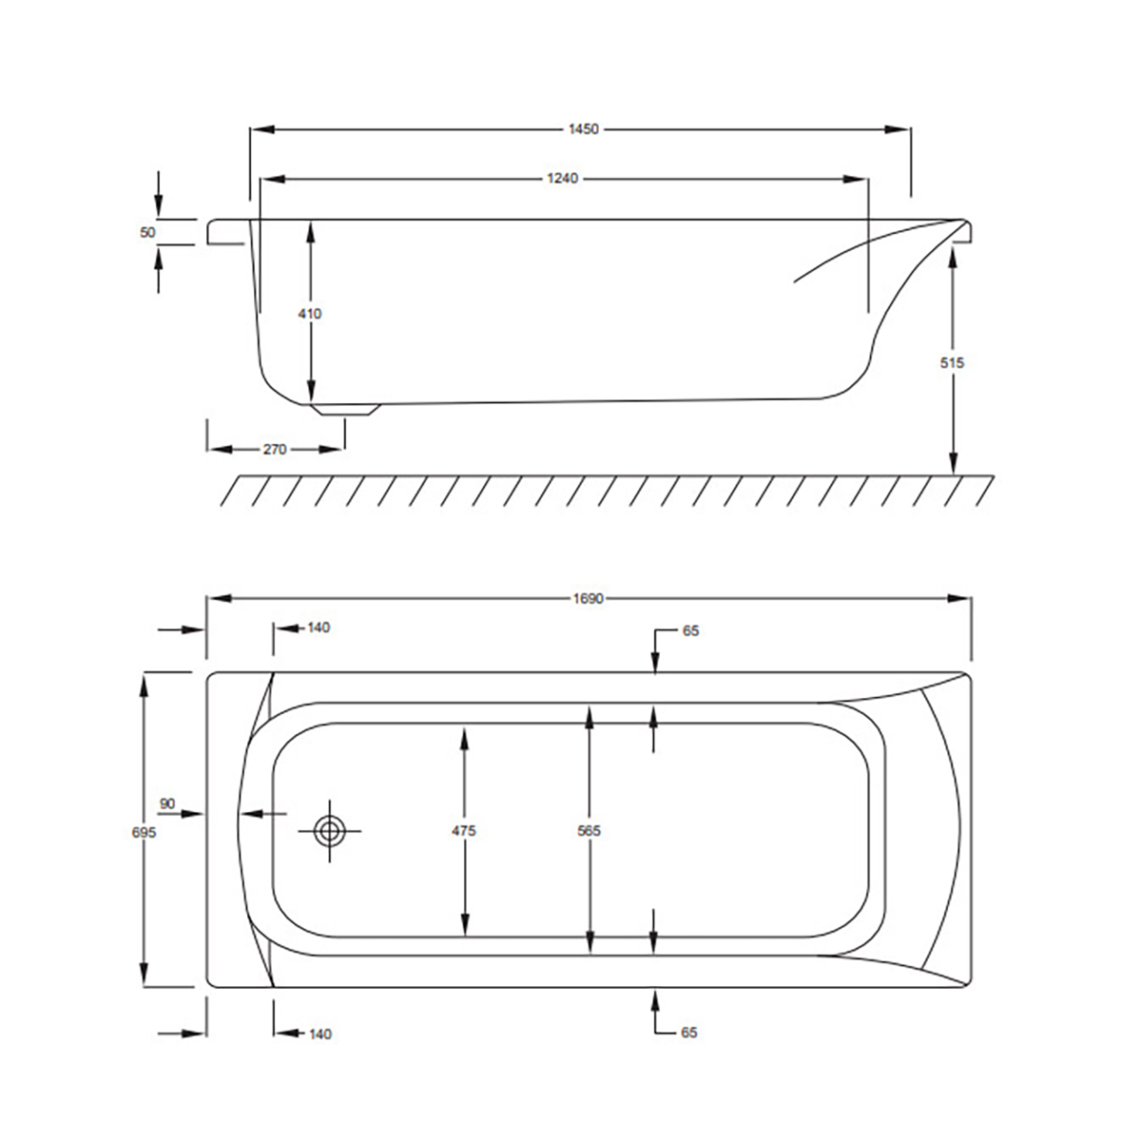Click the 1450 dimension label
pyautogui.click(x=583, y=129)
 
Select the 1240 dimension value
pyautogui.click(x=562, y=178)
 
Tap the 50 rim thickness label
pyautogui.click(x=147, y=232)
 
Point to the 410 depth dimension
pyautogui.click(x=309, y=313)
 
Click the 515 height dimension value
pyautogui.click(x=952, y=362)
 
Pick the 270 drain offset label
pyautogui.click(x=275, y=450)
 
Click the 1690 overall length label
pyautogui.click(x=588, y=599)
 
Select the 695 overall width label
pyautogui.click(x=144, y=833)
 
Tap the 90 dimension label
pyautogui.click(x=167, y=803)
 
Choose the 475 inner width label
pyautogui.click(x=464, y=831)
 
